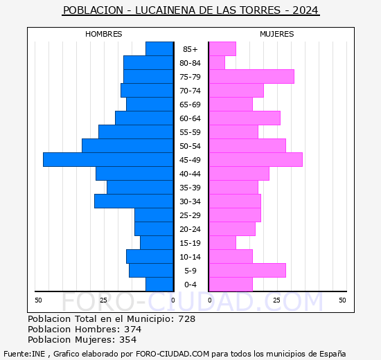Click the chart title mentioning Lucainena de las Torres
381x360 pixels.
coord(190,10)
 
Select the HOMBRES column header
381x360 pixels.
coord(104,34)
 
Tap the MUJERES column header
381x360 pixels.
coord(276,34)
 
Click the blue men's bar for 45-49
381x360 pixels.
coord(107,159)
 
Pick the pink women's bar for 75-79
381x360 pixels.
coord(251,76)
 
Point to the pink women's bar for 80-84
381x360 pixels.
coord(217,62)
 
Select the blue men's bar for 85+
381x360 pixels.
coord(159,48)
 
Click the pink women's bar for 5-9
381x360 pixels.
coord(247,270)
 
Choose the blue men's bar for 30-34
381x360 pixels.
coord(133,201)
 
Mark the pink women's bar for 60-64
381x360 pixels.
coord(245,118)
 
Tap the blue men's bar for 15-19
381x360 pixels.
coord(156,242)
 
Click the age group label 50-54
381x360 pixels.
coord(190,146)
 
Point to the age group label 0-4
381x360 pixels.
coord(190,285)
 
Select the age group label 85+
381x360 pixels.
coord(190,49)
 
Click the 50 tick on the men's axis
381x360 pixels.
coord(38,300)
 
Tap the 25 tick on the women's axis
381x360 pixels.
coord(276,300)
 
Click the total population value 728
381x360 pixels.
coord(186,318)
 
